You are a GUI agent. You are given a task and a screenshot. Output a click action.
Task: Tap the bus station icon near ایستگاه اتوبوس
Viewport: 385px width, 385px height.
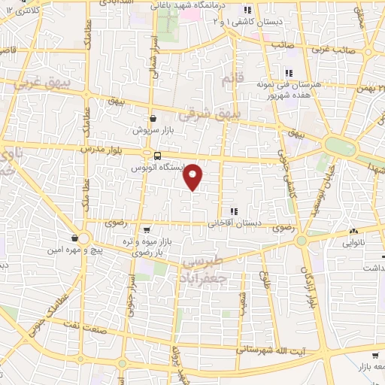pyautogui.click(x=156, y=156)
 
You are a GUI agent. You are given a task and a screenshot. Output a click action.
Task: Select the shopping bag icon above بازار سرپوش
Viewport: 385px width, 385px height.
pyautogui.click(x=153, y=118)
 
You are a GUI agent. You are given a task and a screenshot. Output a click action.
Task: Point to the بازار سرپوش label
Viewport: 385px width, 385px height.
pyautogui.click(x=153, y=130)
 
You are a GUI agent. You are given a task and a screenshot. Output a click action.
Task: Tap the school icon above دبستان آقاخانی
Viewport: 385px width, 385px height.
pyautogui.click(x=233, y=211)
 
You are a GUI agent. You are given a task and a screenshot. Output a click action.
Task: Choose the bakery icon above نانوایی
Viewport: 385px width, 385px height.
pyautogui.click(x=353, y=231)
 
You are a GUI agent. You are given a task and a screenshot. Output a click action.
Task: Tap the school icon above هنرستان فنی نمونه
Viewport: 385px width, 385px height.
pyautogui.click(x=287, y=73)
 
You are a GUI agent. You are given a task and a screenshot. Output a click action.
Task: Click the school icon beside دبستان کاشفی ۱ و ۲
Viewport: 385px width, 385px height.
pyautogui.click(x=247, y=10)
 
